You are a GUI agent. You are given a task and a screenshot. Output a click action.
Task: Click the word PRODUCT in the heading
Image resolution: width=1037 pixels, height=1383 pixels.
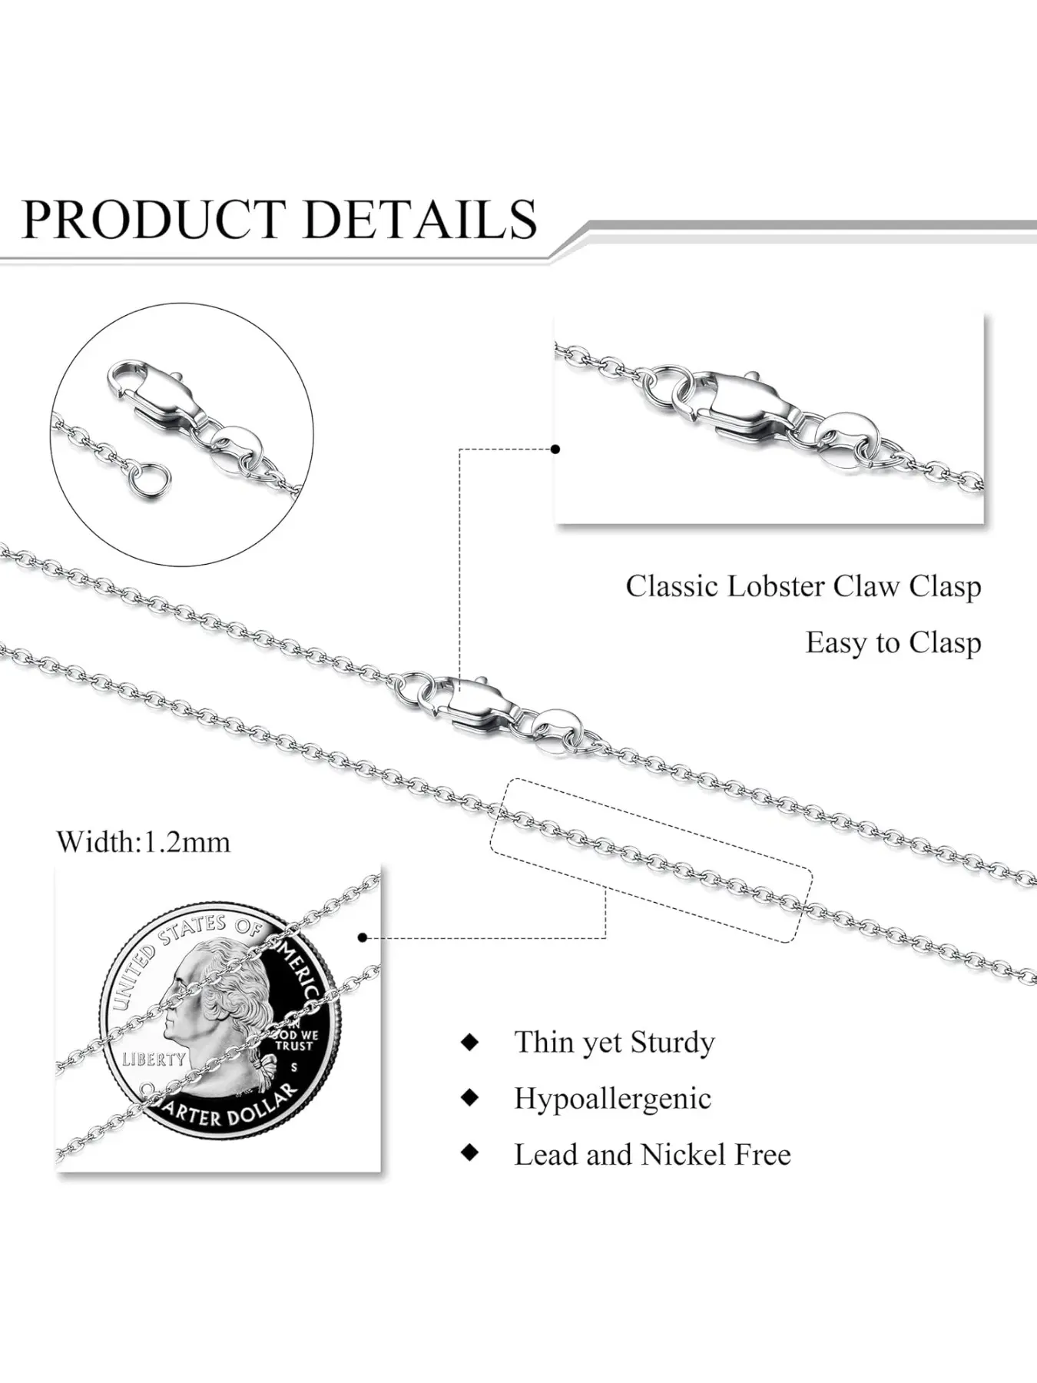[154, 219]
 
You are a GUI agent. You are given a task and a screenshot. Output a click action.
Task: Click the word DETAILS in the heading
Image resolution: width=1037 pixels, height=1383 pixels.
[420, 219]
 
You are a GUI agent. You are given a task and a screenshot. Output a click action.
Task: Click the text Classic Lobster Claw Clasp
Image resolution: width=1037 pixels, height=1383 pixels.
[803, 586]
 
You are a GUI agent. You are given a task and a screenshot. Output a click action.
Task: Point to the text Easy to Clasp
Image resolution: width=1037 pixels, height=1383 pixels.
[893, 642]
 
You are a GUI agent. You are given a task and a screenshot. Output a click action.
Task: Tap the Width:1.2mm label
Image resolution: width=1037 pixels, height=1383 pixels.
[143, 842]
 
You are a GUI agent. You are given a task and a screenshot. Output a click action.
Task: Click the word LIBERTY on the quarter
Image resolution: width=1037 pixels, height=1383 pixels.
[154, 1060]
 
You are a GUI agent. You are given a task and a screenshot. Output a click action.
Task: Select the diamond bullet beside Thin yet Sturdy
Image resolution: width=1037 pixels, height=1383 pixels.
[469, 1042]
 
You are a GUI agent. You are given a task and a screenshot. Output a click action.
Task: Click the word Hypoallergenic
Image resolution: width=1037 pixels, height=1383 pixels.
[612, 1098]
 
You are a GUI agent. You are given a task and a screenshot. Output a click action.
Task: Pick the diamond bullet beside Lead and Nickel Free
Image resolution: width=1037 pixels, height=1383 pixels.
[469, 1152]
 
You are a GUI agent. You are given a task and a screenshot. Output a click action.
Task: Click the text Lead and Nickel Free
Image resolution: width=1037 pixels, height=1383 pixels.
[652, 1154]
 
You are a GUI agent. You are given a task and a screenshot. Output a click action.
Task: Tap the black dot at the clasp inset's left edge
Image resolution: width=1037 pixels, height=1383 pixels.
[555, 449]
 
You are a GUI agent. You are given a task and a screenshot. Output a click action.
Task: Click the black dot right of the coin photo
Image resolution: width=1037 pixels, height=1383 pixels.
[363, 937]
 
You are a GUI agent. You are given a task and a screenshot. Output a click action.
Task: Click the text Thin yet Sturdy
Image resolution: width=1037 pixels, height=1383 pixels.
[614, 1042]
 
